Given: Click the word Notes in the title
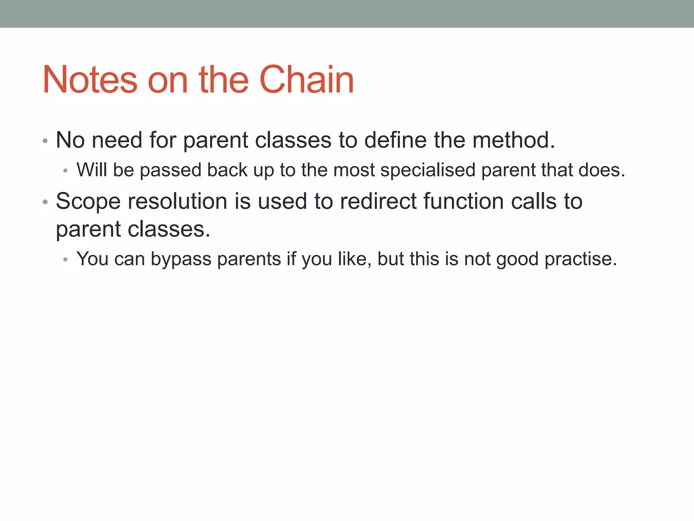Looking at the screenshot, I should coord(90,80).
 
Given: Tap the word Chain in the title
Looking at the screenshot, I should coord(307,80).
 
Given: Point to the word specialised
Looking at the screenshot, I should coord(428,170).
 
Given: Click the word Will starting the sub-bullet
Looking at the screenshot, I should coord(91,170).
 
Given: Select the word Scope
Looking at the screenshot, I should coord(88,201).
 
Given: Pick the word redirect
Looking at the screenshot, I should coord(378,201).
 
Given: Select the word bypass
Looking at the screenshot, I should coord(181,259).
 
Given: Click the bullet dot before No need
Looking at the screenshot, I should coord(45,141).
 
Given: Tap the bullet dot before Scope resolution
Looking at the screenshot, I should coord(45,202).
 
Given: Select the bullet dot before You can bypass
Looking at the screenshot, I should coord(66,260).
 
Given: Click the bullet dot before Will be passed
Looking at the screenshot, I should coord(66,171).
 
